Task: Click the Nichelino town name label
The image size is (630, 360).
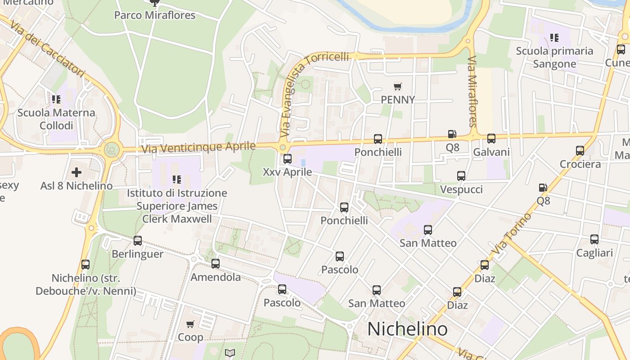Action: coord(407,329)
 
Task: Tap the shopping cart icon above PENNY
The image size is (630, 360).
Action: coord(397,86)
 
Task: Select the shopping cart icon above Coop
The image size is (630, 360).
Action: coord(190,324)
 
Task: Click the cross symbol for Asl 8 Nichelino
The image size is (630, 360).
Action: coord(76,172)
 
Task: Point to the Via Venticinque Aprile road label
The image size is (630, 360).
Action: coord(198,147)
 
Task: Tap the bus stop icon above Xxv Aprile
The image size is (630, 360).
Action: coord(288,159)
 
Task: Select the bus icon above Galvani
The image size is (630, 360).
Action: coord(491,139)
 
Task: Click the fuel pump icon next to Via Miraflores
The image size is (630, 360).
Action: coord(452,134)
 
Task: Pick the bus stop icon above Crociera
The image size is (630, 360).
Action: coord(580,151)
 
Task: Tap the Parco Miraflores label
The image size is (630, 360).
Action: coord(155,15)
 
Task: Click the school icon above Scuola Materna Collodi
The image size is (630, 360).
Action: coord(56,99)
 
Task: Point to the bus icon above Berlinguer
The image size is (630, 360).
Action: coord(138,241)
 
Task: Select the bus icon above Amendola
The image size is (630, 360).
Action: coord(216,264)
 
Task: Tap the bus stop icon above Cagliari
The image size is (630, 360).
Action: coord(594,239)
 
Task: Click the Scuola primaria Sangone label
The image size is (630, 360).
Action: coord(554,57)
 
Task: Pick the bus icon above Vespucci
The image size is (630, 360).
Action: coord(461,176)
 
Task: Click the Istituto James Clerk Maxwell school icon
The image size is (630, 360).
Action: coord(177,180)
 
